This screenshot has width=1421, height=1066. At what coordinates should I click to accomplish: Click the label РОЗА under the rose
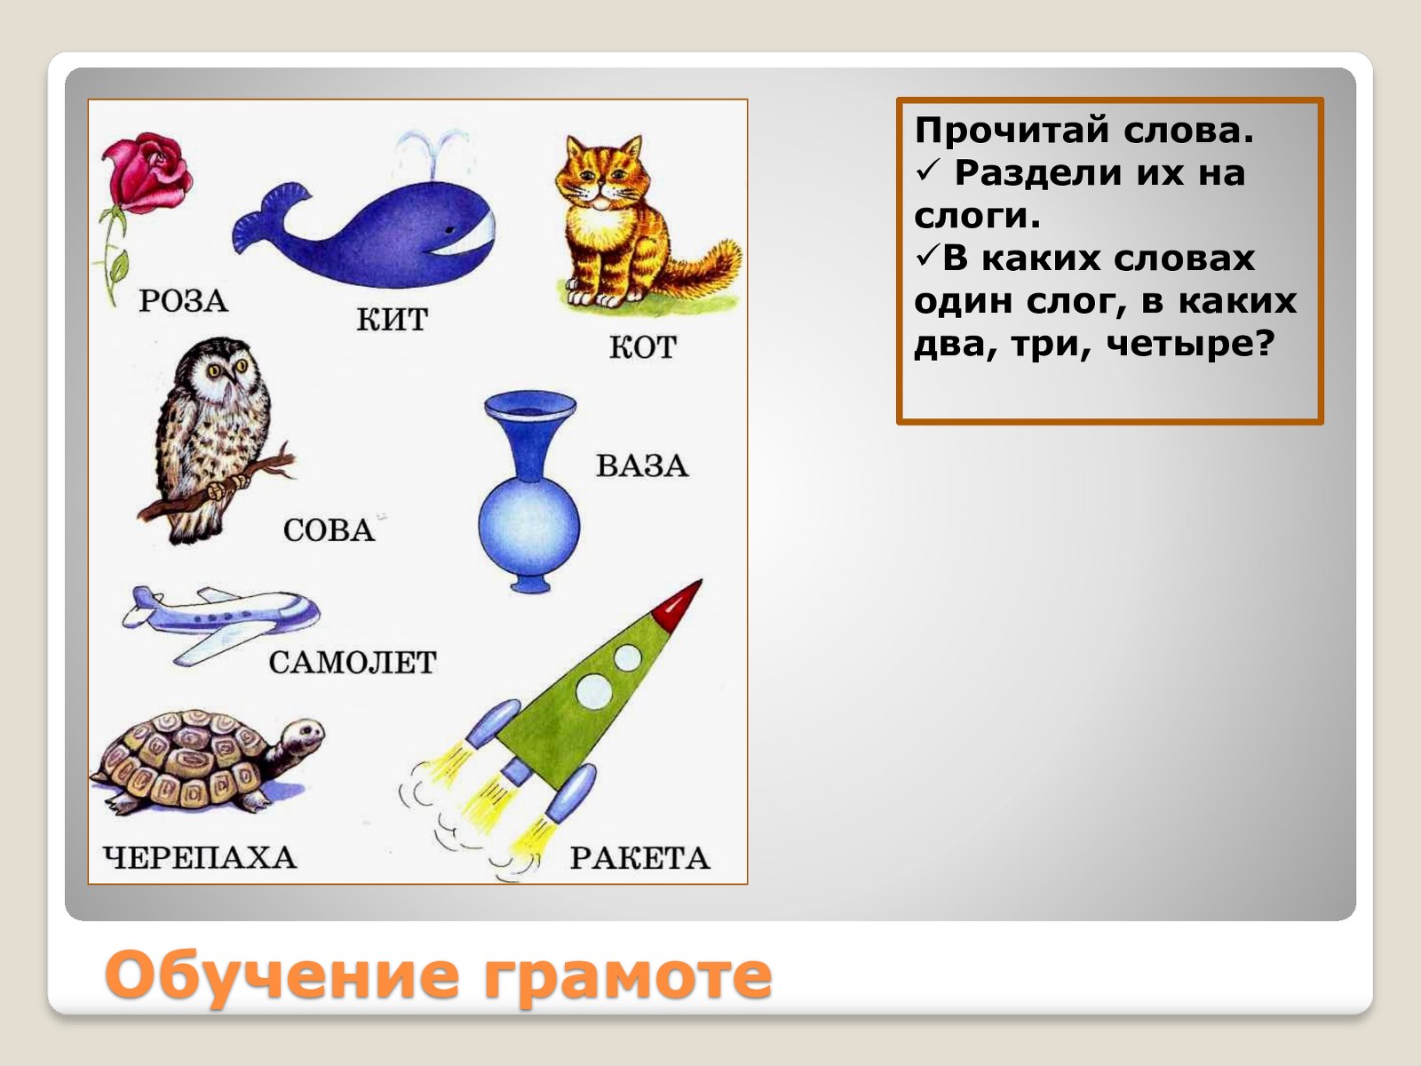click(x=183, y=301)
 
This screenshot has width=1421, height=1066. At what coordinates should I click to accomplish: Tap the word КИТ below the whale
click(x=393, y=320)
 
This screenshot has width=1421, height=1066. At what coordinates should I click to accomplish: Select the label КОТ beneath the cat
click(x=643, y=347)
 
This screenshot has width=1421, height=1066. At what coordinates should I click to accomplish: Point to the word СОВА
click(x=329, y=530)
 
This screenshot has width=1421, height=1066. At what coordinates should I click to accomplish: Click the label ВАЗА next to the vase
click(x=642, y=466)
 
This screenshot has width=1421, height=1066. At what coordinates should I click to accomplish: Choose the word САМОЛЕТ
click(x=353, y=663)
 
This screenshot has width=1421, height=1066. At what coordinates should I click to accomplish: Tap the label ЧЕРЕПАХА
click(x=200, y=857)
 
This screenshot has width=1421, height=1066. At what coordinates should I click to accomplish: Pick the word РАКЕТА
click(x=639, y=858)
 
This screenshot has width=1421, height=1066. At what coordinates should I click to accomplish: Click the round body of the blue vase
click(x=529, y=529)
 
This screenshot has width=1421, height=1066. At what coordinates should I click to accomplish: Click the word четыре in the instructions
click(x=1190, y=344)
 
